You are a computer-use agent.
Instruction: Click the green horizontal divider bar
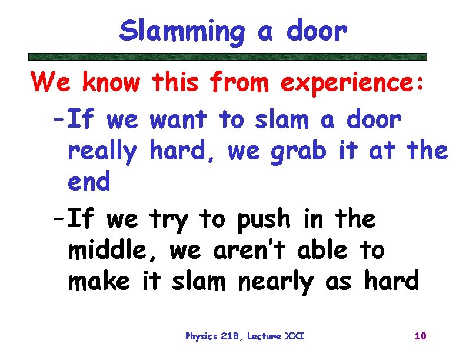click(x=228, y=57)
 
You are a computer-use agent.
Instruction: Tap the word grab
click(x=299, y=152)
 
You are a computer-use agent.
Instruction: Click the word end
click(x=89, y=182)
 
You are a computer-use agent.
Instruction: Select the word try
click(x=171, y=220)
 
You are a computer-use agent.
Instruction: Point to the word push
click(x=263, y=219)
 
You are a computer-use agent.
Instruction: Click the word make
click(x=98, y=282)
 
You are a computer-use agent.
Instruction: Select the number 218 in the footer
click(x=230, y=336)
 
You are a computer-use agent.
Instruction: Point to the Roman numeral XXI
click(x=294, y=336)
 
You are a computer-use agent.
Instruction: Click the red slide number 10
click(x=420, y=336)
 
